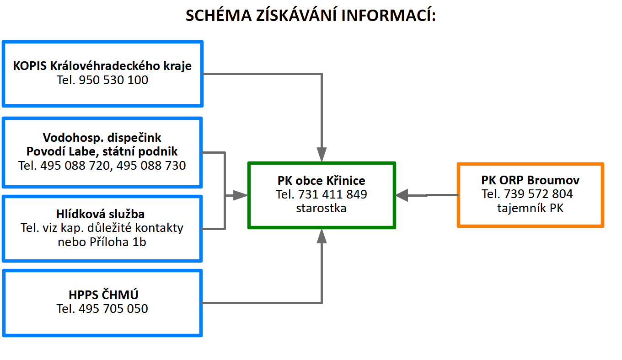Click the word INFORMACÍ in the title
388,15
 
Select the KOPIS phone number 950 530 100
113,80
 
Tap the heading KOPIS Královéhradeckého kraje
102,66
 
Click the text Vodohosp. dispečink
102,138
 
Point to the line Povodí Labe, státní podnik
102,151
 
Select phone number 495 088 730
151,166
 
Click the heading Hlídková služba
100,214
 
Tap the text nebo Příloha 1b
102,242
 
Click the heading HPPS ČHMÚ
103,295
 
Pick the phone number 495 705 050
113,309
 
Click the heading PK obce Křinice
321,181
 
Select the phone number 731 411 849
332,194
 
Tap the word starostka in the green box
321,208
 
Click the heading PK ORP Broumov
531,180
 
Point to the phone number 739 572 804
538,193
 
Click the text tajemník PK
531,208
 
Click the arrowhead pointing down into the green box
322,155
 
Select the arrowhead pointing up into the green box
322,236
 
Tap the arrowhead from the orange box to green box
402,195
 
